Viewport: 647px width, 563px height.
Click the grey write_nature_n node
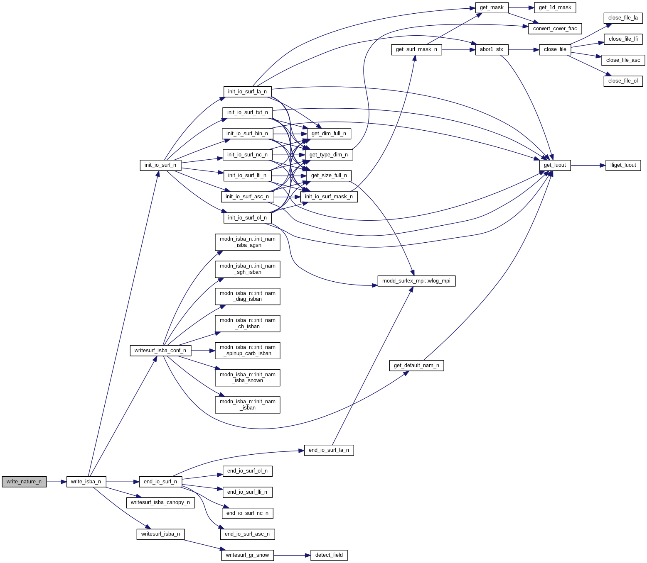tap(24, 482)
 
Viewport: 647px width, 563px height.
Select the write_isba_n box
tap(86, 482)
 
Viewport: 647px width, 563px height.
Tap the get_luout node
tap(555, 165)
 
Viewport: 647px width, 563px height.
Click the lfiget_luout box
tap(623, 165)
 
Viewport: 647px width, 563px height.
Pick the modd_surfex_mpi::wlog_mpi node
tap(416, 281)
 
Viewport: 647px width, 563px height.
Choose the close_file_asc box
tap(623, 60)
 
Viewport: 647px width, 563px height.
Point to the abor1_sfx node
tap(492, 49)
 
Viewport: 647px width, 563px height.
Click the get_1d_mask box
tap(555, 7)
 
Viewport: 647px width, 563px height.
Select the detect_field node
tap(329, 555)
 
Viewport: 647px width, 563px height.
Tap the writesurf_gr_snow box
tap(247, 555)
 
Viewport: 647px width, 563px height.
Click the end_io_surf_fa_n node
tap(329, 450)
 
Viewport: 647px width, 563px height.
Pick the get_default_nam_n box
tap(416, 366)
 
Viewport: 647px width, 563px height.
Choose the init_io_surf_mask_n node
tap(329, 197)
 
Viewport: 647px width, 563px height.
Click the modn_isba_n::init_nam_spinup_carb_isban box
tap(247, 351)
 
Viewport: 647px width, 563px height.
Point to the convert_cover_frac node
tap(555, 29)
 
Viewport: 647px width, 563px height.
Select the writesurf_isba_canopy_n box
tap(160, 502)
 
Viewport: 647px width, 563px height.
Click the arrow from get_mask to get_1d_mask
tap(521, 7)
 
